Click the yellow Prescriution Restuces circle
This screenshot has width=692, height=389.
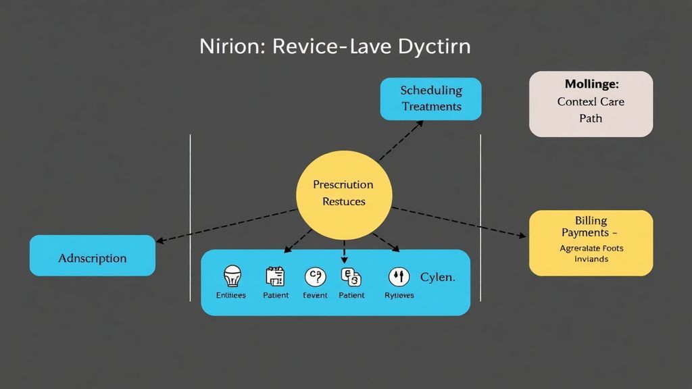pyautogui.click(x=343, y=195)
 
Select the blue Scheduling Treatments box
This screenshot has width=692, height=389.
pyautogui.click(x=430, y=99)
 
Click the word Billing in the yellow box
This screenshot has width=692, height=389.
pyautogui.click(x=591, y=220)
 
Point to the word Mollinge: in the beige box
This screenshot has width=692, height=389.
pyautogui.click(x=591, y=84)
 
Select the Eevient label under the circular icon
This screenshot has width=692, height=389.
pyautogui.click(x=315, y=295)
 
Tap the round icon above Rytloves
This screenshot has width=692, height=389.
pyautogui.click(x=399, y=276)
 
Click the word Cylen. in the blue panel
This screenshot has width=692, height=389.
pyautogui.click(x=437, y=277)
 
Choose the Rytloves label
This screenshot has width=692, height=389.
pyautogui.click(x=399, y=295)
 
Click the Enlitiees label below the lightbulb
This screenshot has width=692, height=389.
pyautogui.click(x=231, y=295)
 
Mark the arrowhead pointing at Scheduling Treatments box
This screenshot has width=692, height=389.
pyautogui.click(x=420, y=123)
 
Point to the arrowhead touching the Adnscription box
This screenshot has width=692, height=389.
pyautogui.click(x=159, y=240)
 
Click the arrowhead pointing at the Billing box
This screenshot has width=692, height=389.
pyautogui.click(x=522, y=236)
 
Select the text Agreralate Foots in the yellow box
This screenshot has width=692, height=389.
pyautogui.click(x=591, y=248)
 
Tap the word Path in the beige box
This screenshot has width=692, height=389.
pyautogui.click(x=590, y=118)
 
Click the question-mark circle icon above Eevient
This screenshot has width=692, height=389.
pyautogui.click(x=315, y=276)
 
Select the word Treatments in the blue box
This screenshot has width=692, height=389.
pyautogui.click(x=431, y=106)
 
